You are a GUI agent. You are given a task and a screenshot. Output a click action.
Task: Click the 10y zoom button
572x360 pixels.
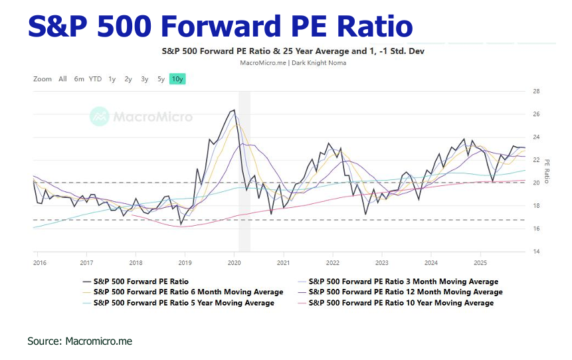(177, 79)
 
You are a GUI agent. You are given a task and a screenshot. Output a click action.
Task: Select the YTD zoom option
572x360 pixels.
(95, 79)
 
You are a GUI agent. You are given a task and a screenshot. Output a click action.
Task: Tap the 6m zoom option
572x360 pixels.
(79, 79)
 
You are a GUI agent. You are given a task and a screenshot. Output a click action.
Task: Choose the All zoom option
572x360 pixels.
(62, 79)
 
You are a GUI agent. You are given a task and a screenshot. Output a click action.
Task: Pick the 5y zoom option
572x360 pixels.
(161, 79)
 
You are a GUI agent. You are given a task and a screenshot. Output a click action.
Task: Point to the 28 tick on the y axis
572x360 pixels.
(535, 92)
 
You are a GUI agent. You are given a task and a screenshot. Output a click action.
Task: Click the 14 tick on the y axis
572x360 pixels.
(535, 252)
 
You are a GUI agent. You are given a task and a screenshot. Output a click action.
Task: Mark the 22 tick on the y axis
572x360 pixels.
(535, 160)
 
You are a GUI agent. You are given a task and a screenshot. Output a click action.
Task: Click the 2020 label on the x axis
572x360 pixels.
(234, 263)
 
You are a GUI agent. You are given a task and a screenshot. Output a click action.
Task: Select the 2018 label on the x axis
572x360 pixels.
(136, 263)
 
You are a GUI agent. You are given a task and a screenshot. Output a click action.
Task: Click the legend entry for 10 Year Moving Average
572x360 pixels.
(401, 303)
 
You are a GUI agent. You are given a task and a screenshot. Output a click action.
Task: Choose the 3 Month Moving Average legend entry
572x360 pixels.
(403, 282)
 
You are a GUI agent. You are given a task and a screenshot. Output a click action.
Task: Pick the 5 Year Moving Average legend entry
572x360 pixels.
(184, 303)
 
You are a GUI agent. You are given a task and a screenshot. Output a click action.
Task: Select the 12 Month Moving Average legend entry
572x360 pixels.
(406, 292)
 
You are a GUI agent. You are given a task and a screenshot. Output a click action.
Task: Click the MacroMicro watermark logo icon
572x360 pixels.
(100, 117)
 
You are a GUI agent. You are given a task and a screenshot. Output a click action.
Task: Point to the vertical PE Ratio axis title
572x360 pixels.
(547, 171)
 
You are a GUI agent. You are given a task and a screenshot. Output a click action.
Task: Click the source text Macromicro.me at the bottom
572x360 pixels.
(98, 341)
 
